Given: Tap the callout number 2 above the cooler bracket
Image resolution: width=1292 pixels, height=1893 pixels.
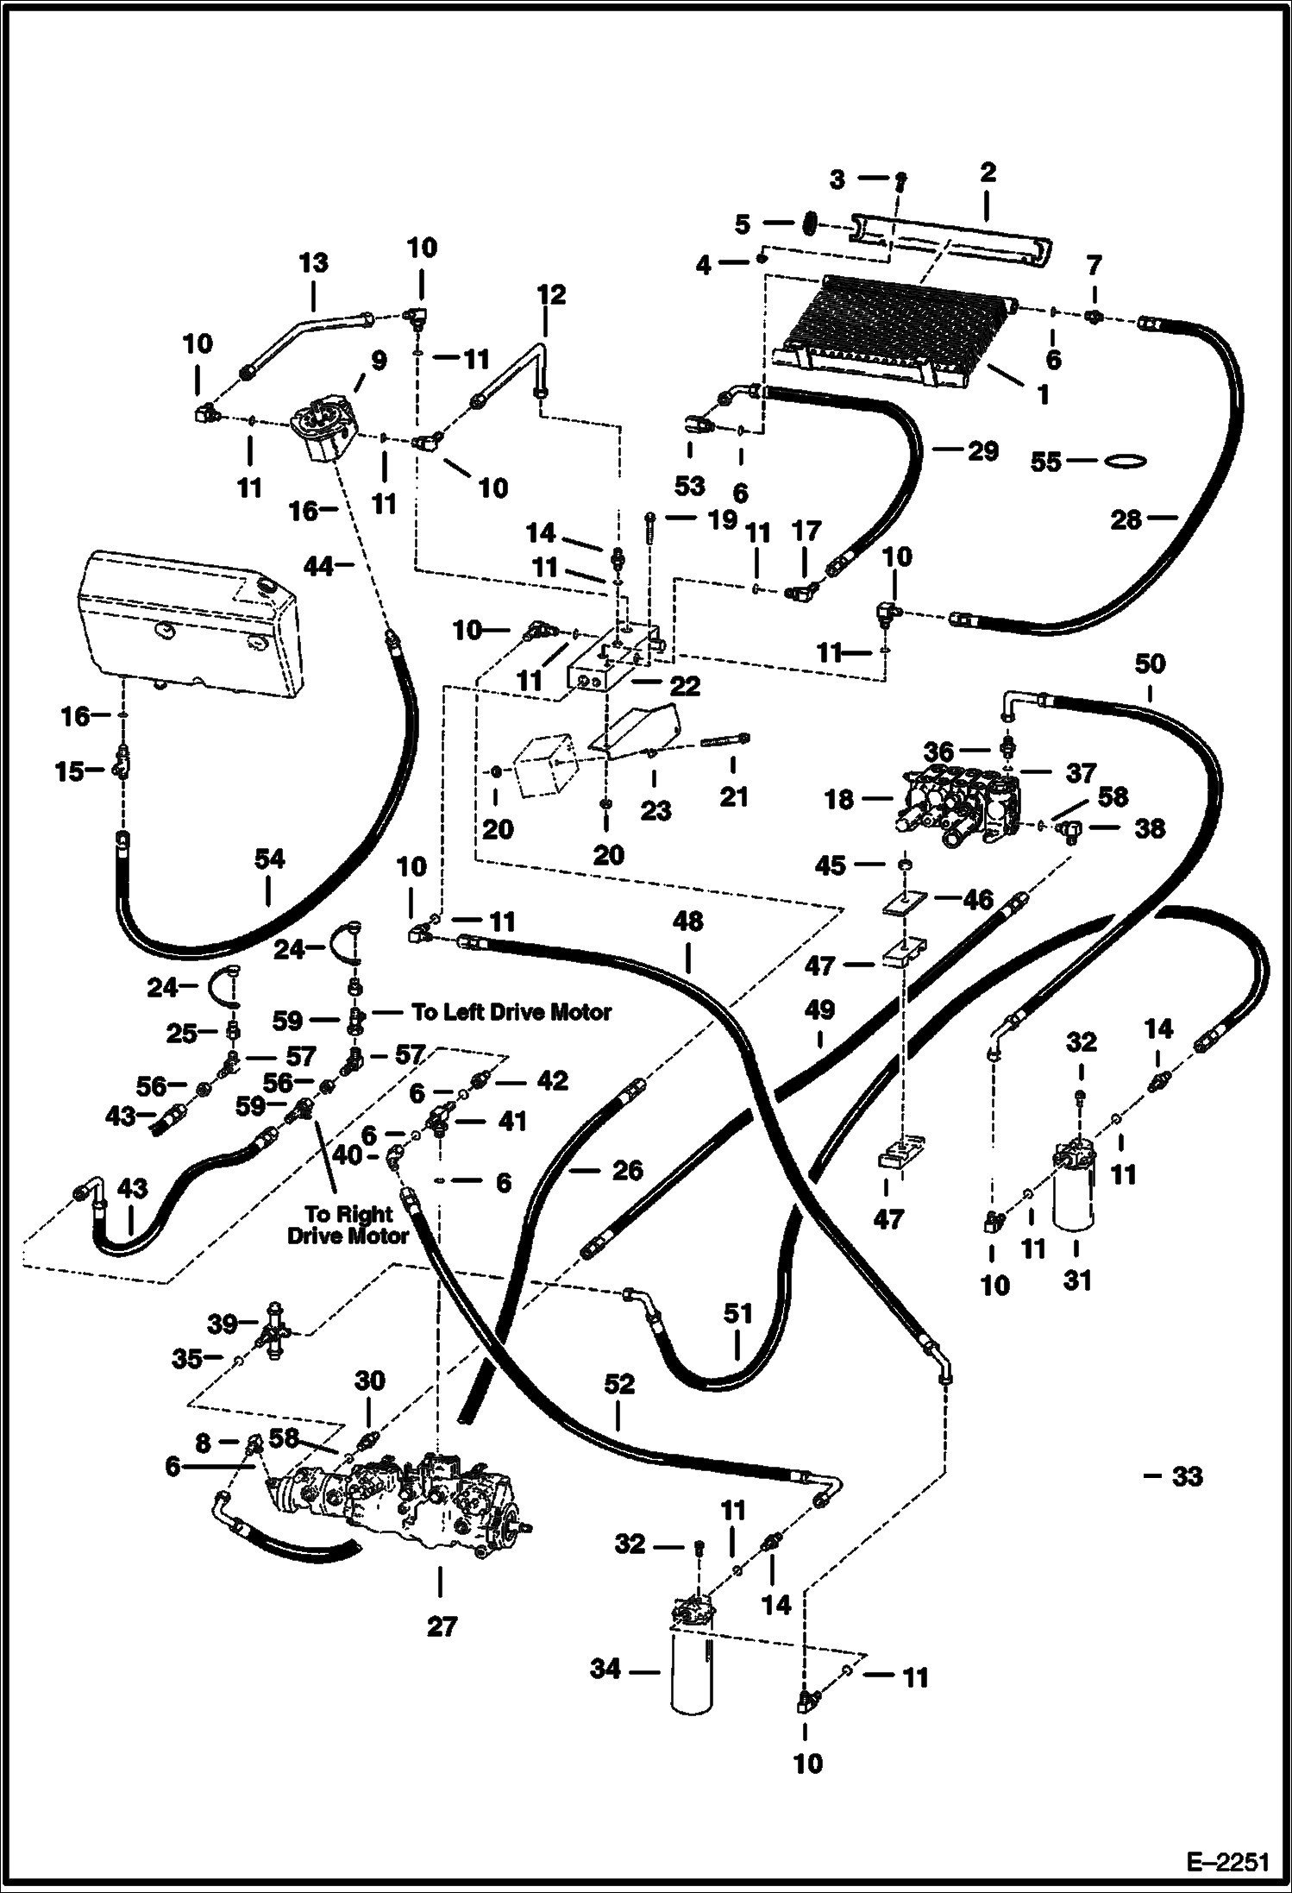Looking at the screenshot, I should click(988, 172).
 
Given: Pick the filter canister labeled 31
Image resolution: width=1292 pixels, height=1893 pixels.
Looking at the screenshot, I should click(1074, 1186).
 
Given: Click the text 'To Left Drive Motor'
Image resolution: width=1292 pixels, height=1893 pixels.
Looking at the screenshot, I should click(511, 1011).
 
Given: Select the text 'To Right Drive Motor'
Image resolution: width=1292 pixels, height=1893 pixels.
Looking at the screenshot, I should click(348, 1225).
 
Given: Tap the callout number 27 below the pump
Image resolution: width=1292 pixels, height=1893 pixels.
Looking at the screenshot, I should click(441, 1626).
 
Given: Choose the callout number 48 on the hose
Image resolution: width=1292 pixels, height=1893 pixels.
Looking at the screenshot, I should click(687, 921).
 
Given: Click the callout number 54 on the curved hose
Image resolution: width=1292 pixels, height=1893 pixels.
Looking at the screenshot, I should click(269, 859).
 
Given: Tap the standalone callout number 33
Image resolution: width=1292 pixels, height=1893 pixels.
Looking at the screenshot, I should click(1187, 1476).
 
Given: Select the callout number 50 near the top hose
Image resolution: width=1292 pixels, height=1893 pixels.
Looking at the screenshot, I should click(1150, 663).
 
